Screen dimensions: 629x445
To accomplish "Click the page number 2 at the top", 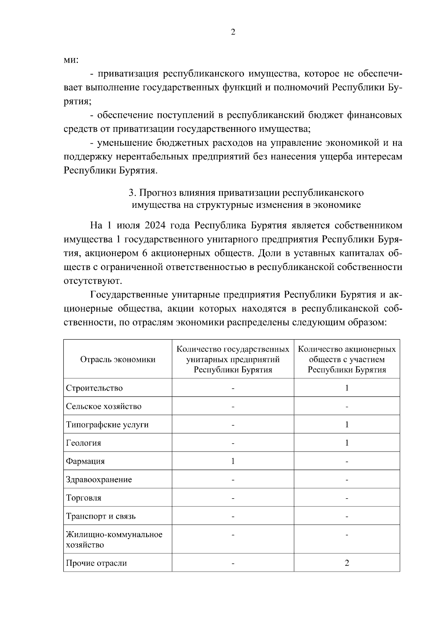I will point(233,32).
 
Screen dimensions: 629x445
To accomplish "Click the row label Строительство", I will point(94,388).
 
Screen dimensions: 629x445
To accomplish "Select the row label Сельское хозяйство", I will point(103,406).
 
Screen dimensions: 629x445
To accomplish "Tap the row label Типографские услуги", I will point(107,425).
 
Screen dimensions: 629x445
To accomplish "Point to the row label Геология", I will point(83,443).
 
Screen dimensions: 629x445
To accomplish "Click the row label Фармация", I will point(85,461).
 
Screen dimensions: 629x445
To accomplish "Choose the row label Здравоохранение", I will point(99,479).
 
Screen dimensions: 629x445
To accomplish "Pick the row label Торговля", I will point(83,497).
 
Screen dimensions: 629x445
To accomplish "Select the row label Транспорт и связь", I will point(100,516).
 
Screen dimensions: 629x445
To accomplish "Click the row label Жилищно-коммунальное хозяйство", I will point(114,539).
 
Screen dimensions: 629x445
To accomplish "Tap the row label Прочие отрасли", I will point(96,563).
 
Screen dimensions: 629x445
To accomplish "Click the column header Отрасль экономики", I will point(118,359).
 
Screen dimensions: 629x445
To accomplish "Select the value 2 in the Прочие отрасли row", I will point(347,563).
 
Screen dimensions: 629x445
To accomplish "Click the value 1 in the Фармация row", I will point(233,461).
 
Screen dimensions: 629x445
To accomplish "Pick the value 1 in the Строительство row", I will point(347,388).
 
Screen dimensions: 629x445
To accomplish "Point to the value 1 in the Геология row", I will point(347,443).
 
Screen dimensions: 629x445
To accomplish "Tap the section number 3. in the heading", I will point(132,193).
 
